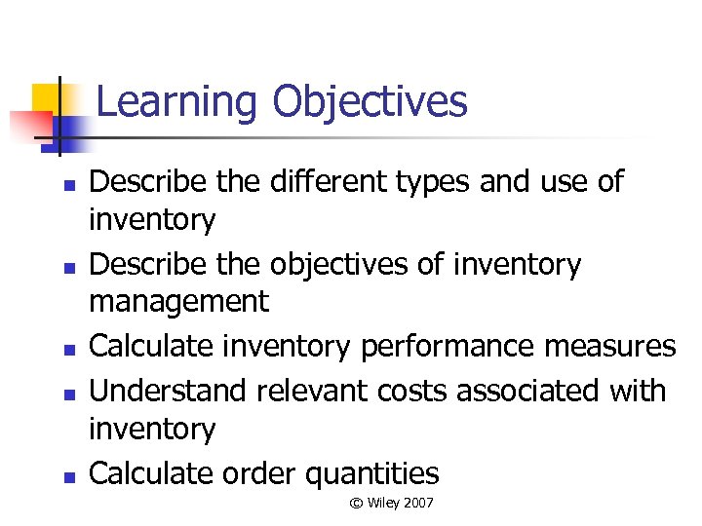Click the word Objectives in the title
coord(370,102)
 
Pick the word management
coord(178,303)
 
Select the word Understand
coord(167,391)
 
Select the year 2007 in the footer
coord(416,503)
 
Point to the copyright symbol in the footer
coord(357,503)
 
